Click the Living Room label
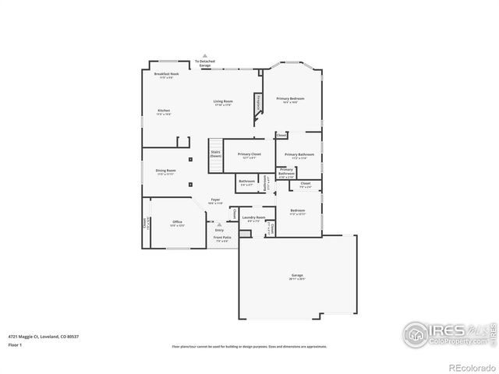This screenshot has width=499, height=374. pyautogui.click(x=223, y=101)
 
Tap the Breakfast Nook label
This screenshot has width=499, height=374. pyautogui.click(x=166, y=74)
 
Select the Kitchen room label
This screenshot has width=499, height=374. pyautogui.click(x=164, y=111)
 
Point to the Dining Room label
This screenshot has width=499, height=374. pyautogui.click(x=165, y=170)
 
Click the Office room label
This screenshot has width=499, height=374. pyautogui.click(x=177, y=222)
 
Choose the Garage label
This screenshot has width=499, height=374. pyautogui.click(x=297, y=275)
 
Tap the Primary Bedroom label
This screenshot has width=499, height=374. pyautogui.click(x=290, y=99)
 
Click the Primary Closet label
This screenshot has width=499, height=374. pyautogui.click(x=249, y=154)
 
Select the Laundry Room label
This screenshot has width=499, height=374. pyautogui.click(x=253, y=217)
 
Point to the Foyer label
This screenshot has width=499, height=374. pyautogui.click(x=215, y=200)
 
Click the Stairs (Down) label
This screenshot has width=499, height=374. pyautogui.click(x=216, y=154)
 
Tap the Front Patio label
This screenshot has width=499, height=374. pyautogui.click(x=222, y=238)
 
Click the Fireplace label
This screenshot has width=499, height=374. pyautogui.click(x=257, y=102)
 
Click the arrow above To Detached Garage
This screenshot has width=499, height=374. pyautogui.click(x=205, y=56)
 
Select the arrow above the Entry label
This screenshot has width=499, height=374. pyautogui.click(x=219, y=224)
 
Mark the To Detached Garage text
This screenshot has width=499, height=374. pyautogui.click(x=204, y=63)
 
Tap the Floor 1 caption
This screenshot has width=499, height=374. pyautogui.click(x=15, y=344)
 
